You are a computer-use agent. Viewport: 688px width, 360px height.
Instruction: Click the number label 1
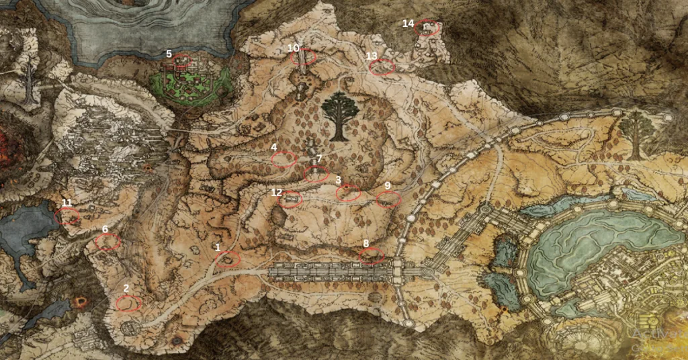click(218, 247)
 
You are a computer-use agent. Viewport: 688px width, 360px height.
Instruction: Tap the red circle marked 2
click(128, 304)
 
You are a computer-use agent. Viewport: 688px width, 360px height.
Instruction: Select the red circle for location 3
click(348, 193)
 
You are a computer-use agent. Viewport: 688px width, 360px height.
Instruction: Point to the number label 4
click(274, 147)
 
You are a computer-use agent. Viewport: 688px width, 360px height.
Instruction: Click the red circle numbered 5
click(181, 62)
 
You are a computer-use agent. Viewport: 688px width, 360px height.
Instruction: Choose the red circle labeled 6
click(107, 242)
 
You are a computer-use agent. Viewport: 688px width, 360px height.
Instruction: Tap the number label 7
click(319, 159)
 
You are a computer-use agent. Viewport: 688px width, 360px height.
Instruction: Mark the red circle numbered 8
click(372, 255)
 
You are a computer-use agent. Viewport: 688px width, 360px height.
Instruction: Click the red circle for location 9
click(388, 199)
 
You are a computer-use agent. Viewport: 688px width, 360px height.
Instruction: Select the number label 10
click(293, 48)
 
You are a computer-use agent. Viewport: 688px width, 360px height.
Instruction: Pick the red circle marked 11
click(68, 216)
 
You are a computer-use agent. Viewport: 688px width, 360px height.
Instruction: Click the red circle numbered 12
click(290, 199)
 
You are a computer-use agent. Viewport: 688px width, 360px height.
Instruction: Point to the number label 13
click(372, 56)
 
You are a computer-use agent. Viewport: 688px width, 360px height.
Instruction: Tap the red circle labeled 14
click(429, 28)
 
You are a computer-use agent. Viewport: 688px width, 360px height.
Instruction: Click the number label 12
click(277, 192)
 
